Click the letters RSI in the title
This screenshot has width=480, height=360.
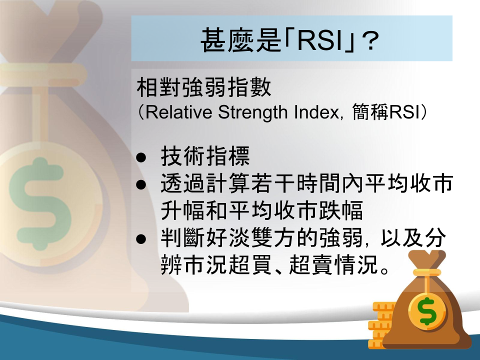319,40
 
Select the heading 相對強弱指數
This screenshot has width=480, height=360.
204,87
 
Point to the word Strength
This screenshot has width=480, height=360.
252,112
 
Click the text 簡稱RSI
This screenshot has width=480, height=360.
385,112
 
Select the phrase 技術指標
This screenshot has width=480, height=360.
205,156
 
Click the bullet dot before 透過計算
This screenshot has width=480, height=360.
141,184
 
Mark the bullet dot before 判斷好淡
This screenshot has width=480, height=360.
141,239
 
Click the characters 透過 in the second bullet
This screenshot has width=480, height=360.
183,183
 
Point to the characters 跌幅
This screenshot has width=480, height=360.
341,210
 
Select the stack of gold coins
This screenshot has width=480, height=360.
380,325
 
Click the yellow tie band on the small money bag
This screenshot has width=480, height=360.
426,272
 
